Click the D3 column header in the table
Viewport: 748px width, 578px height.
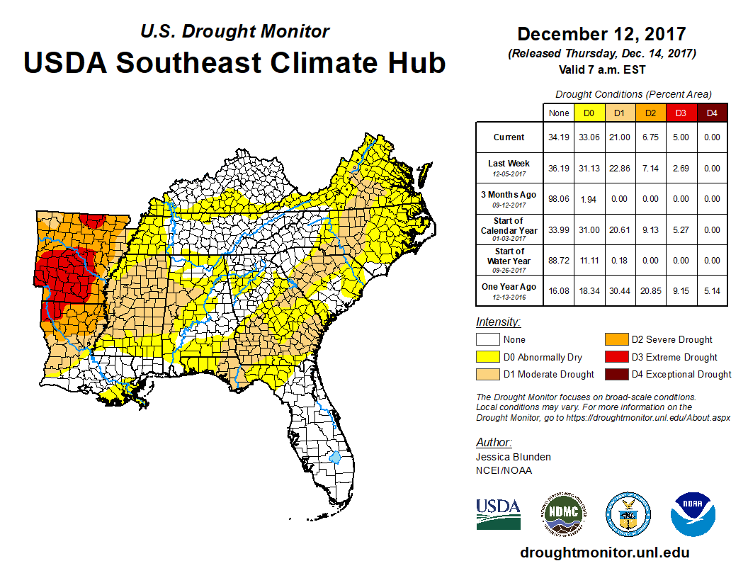click(681, 113)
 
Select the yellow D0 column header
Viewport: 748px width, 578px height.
click(589, 113)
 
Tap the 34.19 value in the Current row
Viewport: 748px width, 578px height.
click(558, 137)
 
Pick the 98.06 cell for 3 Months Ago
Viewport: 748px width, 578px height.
click(558, 199)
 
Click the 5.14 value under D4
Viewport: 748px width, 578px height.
click(711, 290)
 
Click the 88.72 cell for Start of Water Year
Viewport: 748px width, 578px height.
click(558, 260)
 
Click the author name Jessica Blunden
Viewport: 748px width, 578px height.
click(514, 457)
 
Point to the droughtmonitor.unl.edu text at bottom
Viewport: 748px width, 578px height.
click(604, 552)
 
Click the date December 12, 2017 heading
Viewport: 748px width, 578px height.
click(601, 34)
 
